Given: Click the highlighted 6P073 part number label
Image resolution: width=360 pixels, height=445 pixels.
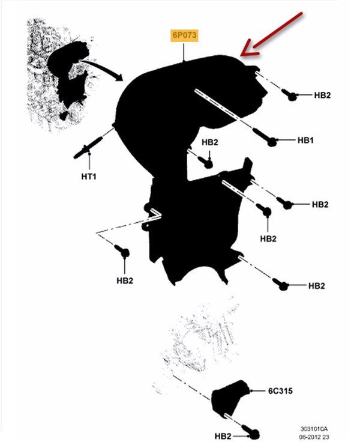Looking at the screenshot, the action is pos(184,35).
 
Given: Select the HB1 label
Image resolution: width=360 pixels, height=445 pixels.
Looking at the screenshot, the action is pos(305,140).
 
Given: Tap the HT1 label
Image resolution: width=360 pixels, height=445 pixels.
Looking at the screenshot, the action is pos(89,177).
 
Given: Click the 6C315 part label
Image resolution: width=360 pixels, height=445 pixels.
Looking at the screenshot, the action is pos(280,391).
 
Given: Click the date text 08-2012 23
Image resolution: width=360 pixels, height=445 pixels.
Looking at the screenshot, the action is pos(314,437).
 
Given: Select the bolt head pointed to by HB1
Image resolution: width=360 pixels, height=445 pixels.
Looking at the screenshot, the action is pos(272,141).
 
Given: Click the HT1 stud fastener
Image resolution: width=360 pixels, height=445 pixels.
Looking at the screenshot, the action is pos(88,147).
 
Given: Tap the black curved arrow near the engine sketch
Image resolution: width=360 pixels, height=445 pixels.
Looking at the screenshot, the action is pos(102,67).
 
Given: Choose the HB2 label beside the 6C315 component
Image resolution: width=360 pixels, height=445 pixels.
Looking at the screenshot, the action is pos(223,436).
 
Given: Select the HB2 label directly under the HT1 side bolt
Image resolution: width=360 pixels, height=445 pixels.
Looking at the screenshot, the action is pos(125,280).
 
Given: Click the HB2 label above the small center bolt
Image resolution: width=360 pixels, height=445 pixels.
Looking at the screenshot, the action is pos(210,142).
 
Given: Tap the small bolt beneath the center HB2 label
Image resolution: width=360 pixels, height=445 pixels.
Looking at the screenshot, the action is pos(206,162).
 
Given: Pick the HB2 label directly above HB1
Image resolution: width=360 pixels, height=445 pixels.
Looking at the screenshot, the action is pos(322,95).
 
